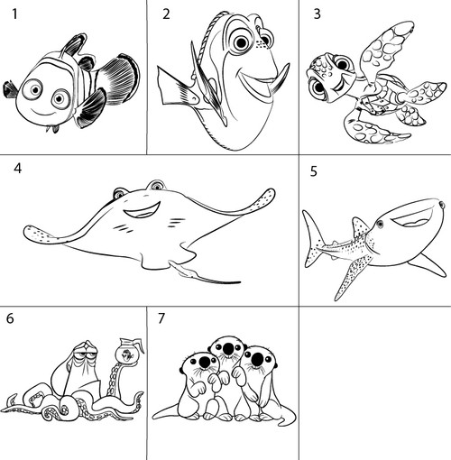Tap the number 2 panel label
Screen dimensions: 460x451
point(166,14)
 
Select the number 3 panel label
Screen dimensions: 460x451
point(317,14)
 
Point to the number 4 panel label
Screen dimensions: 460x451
point(17,168)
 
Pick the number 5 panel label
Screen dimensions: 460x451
point(314,171)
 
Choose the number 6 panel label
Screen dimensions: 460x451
point(10,318)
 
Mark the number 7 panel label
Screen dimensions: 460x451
point(161,318)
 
